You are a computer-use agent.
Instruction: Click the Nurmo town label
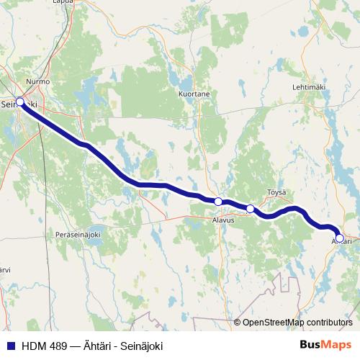coord(37,81)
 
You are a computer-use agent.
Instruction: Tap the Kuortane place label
coord(194,94)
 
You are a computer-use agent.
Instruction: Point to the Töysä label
coord(276,192)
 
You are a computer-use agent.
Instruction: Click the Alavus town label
coord(224,220)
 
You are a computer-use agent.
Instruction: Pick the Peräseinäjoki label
coord(78,235)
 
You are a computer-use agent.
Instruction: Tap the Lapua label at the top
coord(42,3)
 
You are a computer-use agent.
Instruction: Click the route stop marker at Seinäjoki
coord(20,102)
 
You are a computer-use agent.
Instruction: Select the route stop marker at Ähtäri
coord(340,237)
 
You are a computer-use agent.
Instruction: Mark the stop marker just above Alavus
coord(218,202)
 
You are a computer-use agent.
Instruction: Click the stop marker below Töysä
coord(250,209)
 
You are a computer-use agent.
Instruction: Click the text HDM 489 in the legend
coord(44,346)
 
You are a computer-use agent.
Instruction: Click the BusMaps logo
coord(325,345)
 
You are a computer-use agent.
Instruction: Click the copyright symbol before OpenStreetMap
coord(237,323)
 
